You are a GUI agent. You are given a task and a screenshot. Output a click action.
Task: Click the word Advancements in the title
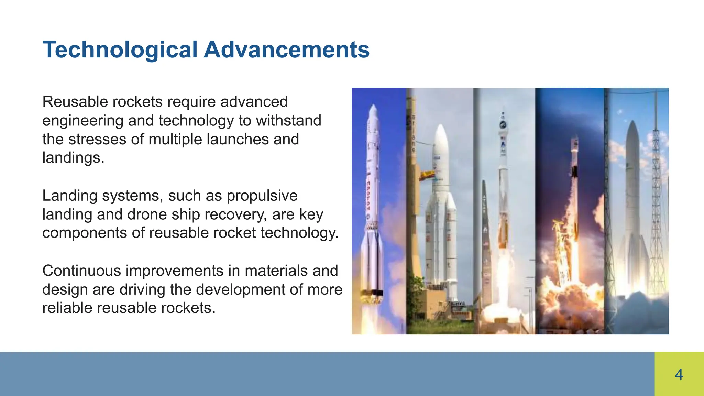(x=286, y=50)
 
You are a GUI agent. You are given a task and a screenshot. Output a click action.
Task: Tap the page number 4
(x=679, y=374)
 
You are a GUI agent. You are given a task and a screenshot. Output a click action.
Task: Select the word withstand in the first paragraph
(x=288, y=121)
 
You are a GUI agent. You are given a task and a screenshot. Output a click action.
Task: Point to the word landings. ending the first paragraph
(x=73, y=158)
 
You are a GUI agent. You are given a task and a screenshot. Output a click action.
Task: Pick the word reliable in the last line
(x=67, y=308)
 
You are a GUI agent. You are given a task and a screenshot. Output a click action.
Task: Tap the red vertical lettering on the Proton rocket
(x=368, y=196)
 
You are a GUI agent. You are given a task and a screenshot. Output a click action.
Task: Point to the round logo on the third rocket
(x=503, y=125)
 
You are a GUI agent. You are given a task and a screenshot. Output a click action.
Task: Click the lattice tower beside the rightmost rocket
(x=656, y=206)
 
